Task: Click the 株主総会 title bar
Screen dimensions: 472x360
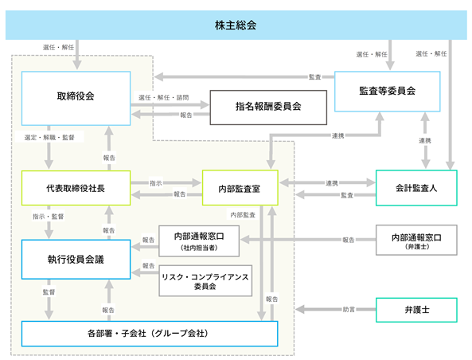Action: (x=236, y=25)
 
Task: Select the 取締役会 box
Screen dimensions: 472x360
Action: (x=76, y=98)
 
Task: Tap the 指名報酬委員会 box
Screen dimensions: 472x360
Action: (x=268, y=108)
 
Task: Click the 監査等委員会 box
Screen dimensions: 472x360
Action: (x=387, y=92)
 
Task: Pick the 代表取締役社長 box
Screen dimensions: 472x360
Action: (x=76, y=188)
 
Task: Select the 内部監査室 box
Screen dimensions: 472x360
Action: (x=240, y=188)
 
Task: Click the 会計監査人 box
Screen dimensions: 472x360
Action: (x=416, y=188)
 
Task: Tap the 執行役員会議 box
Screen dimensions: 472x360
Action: (x=76, y=260)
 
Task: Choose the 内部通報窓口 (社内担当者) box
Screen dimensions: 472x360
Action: (x=199, y=241)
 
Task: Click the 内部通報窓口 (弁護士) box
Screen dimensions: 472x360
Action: (x=416, y=240)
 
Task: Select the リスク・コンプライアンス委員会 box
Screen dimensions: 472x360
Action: (x=205, y=281)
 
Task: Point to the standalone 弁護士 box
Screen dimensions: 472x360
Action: (x=416, y=310)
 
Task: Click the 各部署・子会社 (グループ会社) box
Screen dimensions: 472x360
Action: (x=150, y=334)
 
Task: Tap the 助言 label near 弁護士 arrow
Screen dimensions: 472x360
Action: (x=349, y=309)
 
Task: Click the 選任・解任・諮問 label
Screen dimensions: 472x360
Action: (x=163, y=98)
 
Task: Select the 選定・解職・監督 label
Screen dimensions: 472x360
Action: (x=49, y=137)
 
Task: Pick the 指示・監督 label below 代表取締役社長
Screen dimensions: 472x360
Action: (x=49, y=217)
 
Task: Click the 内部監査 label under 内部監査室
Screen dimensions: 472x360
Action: (x=243, y=215)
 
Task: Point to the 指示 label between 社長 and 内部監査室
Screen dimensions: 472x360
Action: (x=156, y=183)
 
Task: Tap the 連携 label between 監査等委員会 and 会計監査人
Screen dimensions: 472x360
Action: (x=425, y=141)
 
